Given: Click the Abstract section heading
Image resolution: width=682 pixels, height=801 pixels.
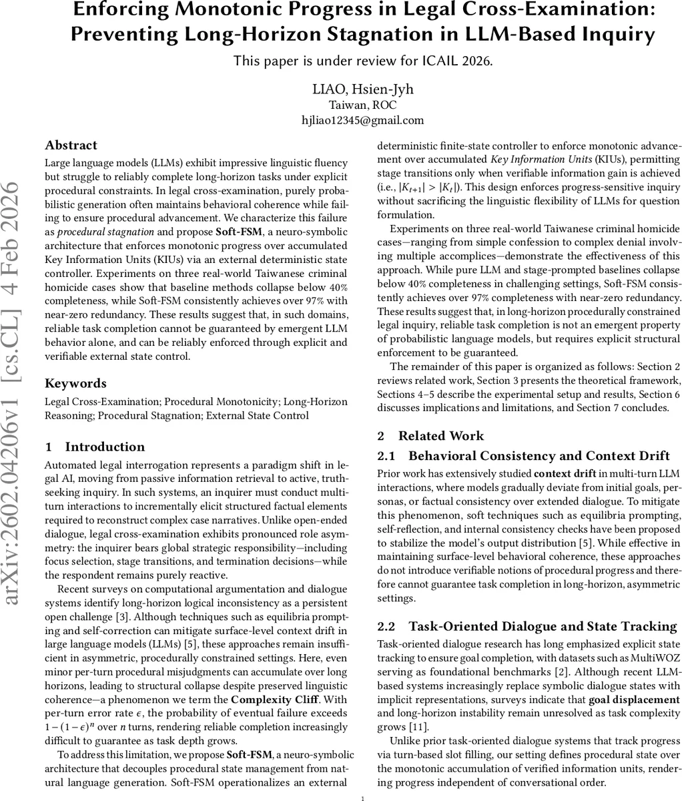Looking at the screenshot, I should click(71, 146).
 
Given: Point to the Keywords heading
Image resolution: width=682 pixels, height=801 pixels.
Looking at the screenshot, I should click(75, 383).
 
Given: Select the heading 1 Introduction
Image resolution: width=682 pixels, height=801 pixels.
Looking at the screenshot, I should click(95, 447).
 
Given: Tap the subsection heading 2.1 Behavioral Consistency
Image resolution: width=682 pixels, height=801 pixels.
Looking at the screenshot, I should click(524, 456).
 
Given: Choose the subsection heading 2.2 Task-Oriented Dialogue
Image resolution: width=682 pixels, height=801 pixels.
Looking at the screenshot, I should click(527, 626).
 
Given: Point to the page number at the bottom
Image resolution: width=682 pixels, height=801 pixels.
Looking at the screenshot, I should click(362, 797).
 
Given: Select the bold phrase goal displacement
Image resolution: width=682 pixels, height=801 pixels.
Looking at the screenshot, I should click(633, 700).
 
